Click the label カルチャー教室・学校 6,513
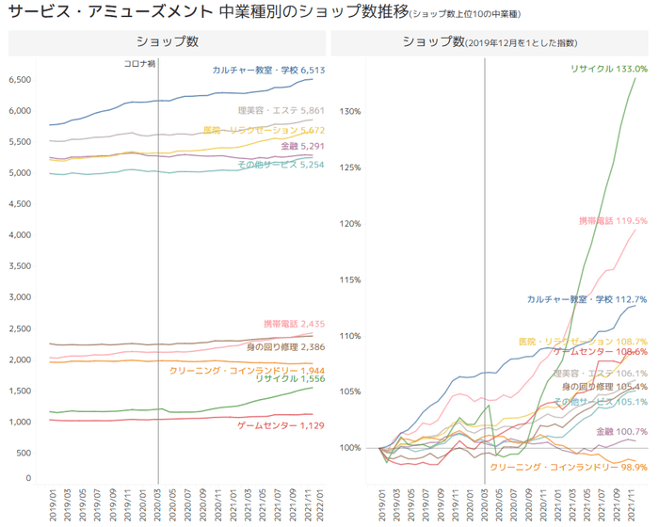[268, 71]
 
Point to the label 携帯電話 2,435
[294, 324]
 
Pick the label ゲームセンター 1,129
[280, 425]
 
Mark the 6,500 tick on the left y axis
[19, 80]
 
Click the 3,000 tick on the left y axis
[19, 297]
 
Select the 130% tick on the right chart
[349, 112]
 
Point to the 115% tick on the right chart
[349, 280]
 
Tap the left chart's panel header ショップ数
[167, 42]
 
